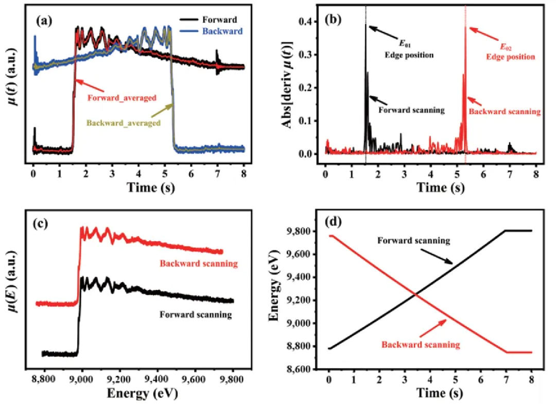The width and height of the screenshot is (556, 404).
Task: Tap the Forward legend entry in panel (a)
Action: pyautogui.click(x=223, y=20)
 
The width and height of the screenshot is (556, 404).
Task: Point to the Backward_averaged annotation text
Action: pyautogui.click(x=123, y=123)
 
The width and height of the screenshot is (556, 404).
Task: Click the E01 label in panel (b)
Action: pyautogui.click(x=392, y=45)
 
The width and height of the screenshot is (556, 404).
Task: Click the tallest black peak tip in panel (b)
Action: pyautogui.click(x=366, y=24)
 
